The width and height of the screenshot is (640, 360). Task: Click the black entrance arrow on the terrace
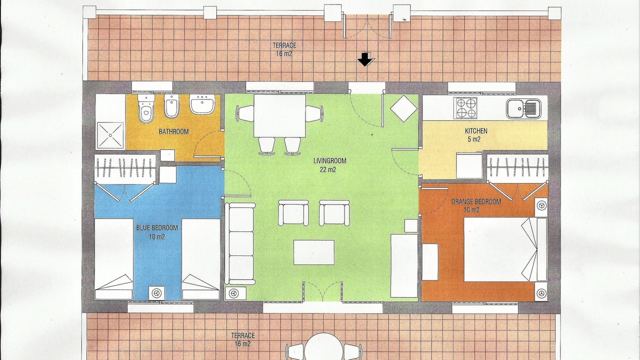pos(365,59)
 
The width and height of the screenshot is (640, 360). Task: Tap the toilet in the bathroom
pos(146,108)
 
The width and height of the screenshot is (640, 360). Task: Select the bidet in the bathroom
pos(171,106)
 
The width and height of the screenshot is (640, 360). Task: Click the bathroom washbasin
pos(202,104)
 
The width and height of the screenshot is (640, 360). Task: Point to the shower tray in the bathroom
pos(110,135)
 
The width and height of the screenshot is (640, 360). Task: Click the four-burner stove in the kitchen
pos(465,108)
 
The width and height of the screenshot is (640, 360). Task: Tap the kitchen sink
pos(523,109)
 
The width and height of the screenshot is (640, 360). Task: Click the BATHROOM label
pos(173,131)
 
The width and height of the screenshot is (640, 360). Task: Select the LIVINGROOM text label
pos(329,160)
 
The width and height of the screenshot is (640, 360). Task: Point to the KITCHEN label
pos(476,131)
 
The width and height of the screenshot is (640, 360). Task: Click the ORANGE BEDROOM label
pos(476,201)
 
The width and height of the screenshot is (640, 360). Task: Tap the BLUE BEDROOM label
pos(157,227)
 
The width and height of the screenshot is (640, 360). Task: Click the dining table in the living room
pos(279,115)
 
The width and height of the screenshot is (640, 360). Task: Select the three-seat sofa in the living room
pos(240,243)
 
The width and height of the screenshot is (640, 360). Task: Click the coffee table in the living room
pos(314,252)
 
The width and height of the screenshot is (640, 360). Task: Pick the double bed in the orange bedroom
pos(505,249)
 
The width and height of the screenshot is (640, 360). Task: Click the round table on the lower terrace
pos(323,346)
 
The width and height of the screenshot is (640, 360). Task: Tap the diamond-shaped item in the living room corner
pos(403,108)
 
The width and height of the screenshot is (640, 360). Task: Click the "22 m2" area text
pos(328,169)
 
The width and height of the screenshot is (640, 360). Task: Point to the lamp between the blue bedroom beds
pos(156,293)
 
